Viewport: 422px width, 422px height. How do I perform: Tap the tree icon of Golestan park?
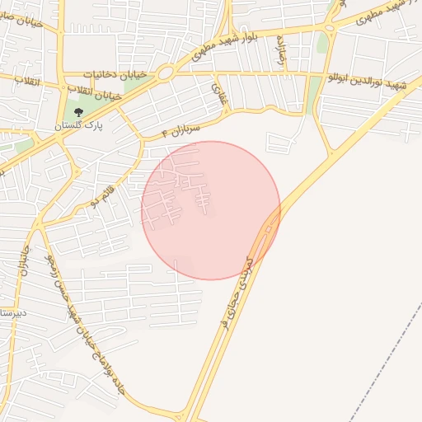78,113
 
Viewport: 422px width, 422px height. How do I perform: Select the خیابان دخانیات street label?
120,75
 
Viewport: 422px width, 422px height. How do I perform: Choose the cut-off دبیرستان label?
14,314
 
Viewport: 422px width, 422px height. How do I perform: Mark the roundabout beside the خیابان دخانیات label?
165,73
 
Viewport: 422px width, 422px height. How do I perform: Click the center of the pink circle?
211,210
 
